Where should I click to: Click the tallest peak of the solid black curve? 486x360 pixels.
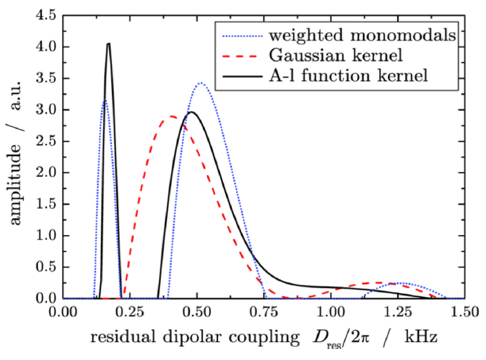pos(108,44)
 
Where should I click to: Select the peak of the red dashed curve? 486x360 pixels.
pos(169,116)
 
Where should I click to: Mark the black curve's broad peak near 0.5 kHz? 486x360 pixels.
pos(192,112)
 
